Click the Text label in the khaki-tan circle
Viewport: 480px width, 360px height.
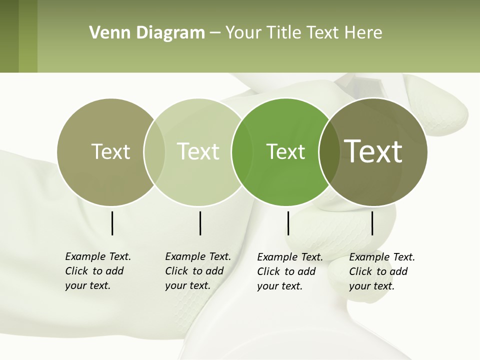pos(110,151)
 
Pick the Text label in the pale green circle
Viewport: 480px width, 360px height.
pos(198,151)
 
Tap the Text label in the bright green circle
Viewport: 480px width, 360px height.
pos(285,152)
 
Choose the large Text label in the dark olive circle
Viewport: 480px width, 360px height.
pos(373,151)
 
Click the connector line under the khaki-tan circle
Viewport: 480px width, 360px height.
pos(112,223)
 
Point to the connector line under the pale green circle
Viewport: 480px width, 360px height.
pos(200,223)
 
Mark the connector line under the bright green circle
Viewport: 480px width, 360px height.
pos(288,223)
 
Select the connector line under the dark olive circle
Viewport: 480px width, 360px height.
pos(372,223)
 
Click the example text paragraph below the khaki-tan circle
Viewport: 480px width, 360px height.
pos(98,271)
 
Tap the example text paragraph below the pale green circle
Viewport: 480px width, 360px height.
pos(198,271)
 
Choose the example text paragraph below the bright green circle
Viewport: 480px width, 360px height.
pos(290,271)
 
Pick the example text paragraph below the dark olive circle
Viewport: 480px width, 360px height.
pos(382,271)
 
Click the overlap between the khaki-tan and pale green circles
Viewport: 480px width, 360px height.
pos(154,151)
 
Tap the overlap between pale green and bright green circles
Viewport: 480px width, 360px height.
pos(241,152)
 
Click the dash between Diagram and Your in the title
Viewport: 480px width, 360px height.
pos(215,33)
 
